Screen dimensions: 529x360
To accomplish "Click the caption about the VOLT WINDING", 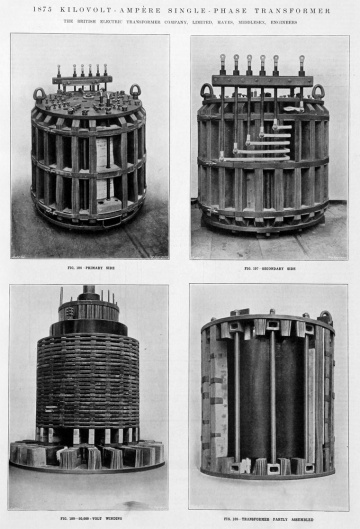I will [x=89, y=518].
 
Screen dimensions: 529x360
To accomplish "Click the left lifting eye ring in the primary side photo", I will [x=40, y=95].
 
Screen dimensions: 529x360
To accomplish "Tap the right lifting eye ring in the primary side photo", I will [x=134, y=91].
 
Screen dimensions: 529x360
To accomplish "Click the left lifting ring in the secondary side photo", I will [x=207, y=92].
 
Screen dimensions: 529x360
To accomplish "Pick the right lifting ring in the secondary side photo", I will [x=318, y=93].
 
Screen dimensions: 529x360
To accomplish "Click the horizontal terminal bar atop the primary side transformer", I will [x=82, y=79].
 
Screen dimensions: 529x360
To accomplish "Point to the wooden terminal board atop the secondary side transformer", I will [x=262, y=81].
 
